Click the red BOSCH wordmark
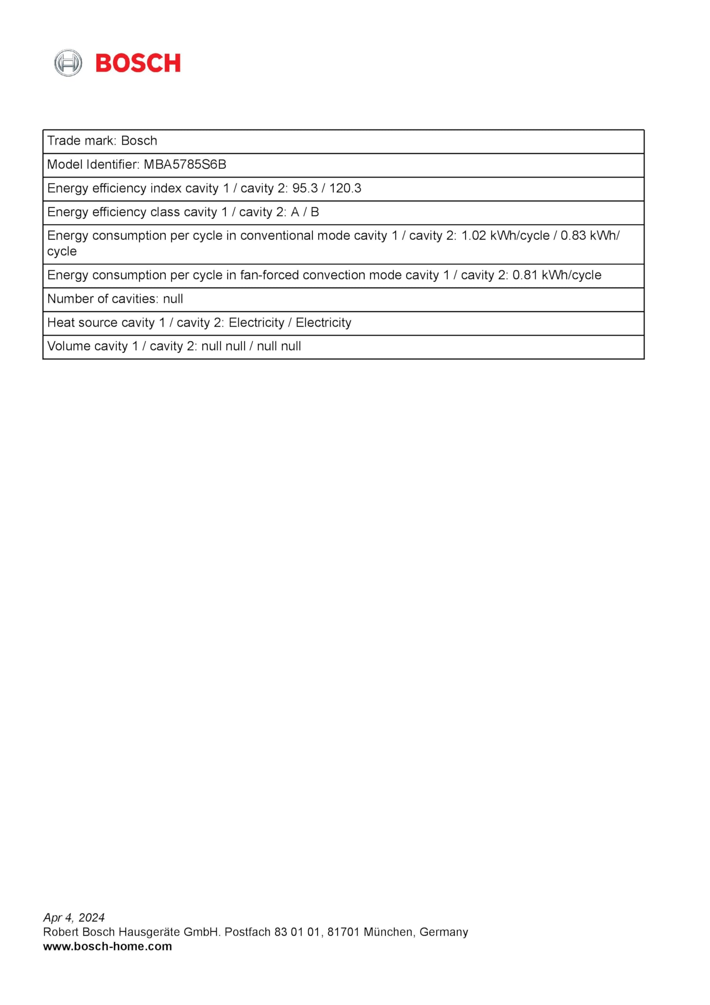click(x=138, y=63)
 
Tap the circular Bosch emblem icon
click(x=68, y=63)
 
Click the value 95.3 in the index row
click(x=305, y=188)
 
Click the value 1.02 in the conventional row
click(x=473, y=236)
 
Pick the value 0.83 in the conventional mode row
click(x=573, y=236)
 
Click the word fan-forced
click(x=269, y=275)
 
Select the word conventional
click(x=277, y=236)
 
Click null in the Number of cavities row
click(x=173, y=299)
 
